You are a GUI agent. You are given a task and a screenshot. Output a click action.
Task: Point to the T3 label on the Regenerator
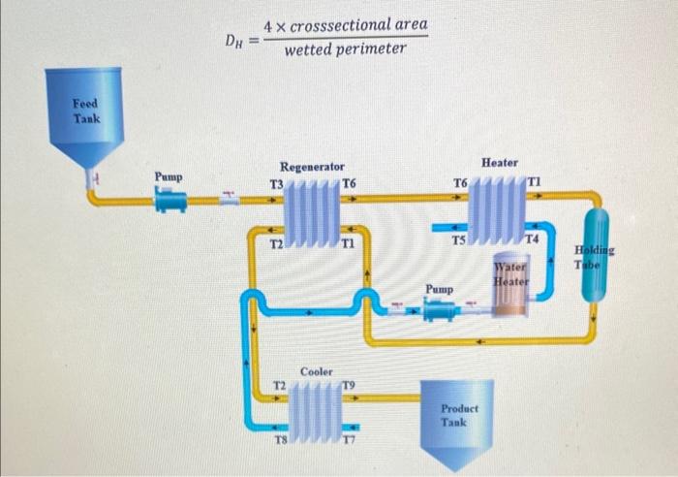coord(276,184)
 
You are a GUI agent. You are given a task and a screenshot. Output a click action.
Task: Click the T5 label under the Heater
coord(462,239)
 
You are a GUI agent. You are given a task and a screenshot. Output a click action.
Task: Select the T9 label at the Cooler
coord(349,385)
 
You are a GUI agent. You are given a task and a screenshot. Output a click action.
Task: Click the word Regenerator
coord(311,167)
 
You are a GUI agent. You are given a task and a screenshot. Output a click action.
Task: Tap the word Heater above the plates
coord(499,163)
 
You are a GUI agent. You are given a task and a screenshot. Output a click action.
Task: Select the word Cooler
coord(316,371)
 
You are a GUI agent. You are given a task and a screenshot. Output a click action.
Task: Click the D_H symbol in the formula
coord(234,41)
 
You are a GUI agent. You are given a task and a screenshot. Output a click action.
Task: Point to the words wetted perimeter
coord(346,48)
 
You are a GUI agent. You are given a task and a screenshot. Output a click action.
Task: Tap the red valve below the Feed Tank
coord(94,178)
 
